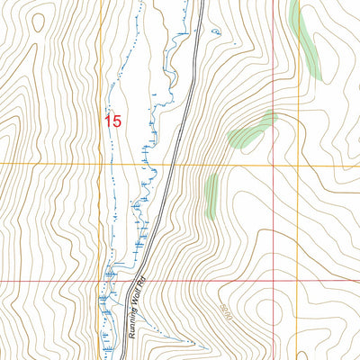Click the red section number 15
(112, 121)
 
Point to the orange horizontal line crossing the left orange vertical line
(102, 164)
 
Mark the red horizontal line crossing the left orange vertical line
(102, 281)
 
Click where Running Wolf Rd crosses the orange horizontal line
(167, 164)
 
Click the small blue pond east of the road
(216, 32)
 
